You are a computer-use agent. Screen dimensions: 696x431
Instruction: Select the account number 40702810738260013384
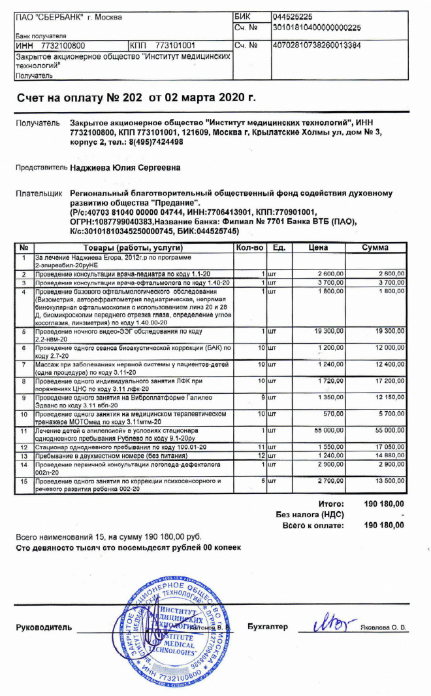pyautogui.click(x=316, y=45)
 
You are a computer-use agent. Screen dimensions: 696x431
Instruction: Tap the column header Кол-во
pyautogui.click(x=249, y=248)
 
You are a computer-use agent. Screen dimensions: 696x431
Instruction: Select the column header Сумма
pyautogui.click(x=375, y=248)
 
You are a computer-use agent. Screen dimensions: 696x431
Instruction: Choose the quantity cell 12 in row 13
pyautogui.click(x=261, y=455)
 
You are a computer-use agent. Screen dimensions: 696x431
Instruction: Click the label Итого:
pyautogui.click(x=331, y=504)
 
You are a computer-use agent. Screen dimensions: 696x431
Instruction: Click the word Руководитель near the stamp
pyautogui.click(x=43, y=627)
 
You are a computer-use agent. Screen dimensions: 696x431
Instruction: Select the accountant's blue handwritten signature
pyautogui.click(x=328, y=623)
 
